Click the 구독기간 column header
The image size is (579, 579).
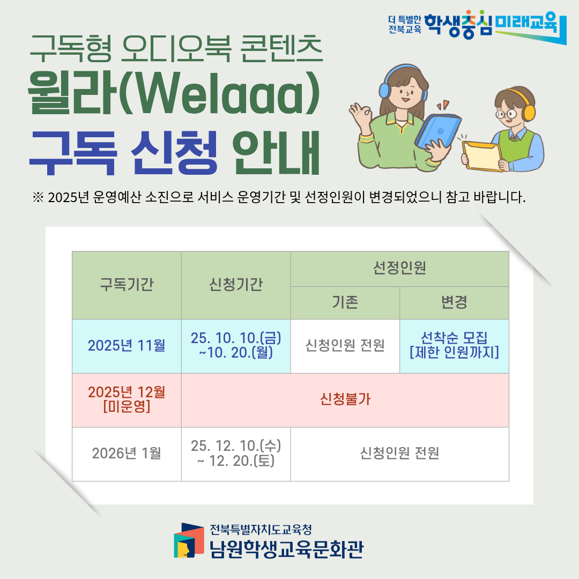pyautogui.click(x=127, y=285)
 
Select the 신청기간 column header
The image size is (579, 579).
pyautogui.click(x=236, y=285)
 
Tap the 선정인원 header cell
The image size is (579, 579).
pyautogui.click(x=399, y=269)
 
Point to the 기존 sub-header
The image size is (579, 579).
pyautogui.click(x=345, y=303)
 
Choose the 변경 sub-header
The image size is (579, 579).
pyautogui.click(x=454, y=303)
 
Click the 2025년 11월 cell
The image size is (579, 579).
pyautogui.click(x=127, y=346)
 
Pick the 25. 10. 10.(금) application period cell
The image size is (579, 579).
pyautogui.click(x=236, y=346)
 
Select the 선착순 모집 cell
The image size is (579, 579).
pyautogui.click(x=454, y=346)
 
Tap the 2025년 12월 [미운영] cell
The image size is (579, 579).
pyautogui.click(x=127, y=400)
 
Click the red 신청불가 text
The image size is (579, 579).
pyautogui.click(x=345, y=399)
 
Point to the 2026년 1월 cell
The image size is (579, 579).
pyautogui.click(x=127, y=454)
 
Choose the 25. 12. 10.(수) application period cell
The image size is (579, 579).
pyautogui.click(x=236, y=454)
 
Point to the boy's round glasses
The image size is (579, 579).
pyautogui.click(x=506, y=114)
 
